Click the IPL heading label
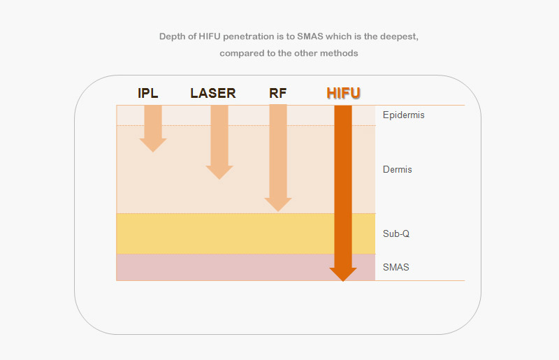148,93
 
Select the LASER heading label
213,93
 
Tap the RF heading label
277,93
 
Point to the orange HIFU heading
343,93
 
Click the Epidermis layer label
404,115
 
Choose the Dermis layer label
397,169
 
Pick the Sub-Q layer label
396,233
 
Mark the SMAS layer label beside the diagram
395,267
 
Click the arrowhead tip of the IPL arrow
153,152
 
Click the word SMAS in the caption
310,36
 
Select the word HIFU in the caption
210,36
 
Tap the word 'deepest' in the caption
399,37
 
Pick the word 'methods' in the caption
339,53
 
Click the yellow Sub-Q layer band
225,233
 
